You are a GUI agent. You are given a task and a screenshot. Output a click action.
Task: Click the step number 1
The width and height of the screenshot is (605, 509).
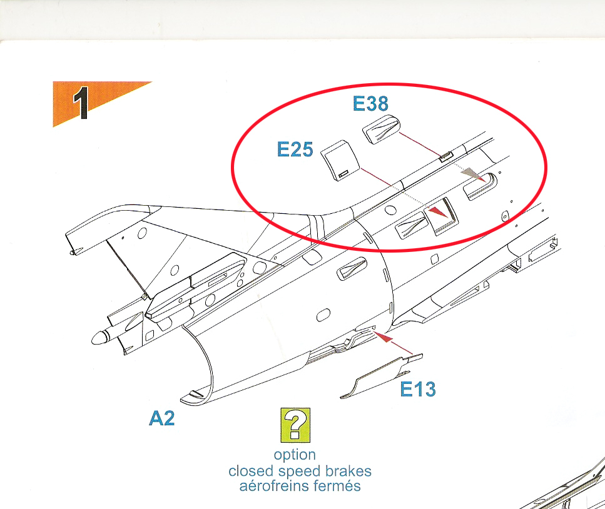tap(81, 103)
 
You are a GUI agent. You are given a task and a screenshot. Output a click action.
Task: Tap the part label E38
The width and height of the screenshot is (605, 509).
tap(370, 103)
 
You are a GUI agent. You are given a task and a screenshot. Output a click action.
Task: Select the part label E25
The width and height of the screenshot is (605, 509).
tap(295, 149)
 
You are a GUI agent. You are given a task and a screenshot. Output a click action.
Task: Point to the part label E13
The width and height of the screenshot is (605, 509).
tap(418, 389)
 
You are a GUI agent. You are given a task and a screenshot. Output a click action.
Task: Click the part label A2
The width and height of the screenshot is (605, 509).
tap(161, 418)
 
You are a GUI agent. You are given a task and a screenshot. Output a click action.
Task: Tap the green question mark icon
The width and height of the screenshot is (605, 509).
tap(295, 425)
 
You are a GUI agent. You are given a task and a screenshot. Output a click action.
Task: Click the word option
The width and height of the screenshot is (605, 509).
tap(295, 455)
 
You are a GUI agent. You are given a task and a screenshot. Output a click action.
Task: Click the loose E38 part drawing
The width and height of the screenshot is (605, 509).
tap(381, 129)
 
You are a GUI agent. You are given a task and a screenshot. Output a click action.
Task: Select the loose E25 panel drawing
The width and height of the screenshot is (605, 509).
tap(340, 161)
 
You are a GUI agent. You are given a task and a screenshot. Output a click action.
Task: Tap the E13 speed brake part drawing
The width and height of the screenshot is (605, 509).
tap(381, 376)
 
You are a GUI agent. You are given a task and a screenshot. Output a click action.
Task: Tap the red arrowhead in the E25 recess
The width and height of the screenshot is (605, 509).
tap(438, 212)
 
